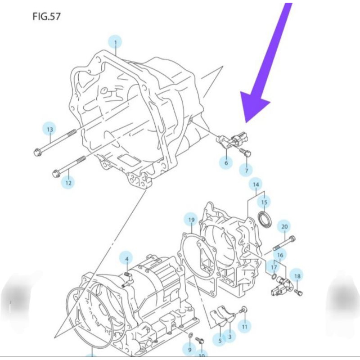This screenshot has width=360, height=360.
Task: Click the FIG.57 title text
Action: [47, 17]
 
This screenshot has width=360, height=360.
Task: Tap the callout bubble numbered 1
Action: [115, 42]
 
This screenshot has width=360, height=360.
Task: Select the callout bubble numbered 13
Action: [50, 129]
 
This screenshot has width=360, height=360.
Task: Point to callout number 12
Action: [68, 183]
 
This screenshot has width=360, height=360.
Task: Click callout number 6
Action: [226, 162]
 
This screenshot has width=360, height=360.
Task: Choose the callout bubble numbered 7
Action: [246, 171]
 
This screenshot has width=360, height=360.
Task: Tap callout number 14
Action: [256, 184]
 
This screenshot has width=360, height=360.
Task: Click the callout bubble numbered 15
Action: [264, 202]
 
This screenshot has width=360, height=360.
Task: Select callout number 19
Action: [191, 220]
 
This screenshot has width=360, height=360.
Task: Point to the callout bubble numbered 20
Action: [284, 227]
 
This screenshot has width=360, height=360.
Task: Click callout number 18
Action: [297, 276]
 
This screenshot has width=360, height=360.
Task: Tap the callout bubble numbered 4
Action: [127, 259]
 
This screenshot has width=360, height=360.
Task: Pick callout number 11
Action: [244, 326]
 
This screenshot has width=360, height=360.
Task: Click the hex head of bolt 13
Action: [37, 152]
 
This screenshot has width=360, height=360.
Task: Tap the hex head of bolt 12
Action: [56, 173]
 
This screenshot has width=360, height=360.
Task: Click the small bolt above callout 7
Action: [245, 152]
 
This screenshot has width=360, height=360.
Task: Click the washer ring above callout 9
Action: [190, 336]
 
